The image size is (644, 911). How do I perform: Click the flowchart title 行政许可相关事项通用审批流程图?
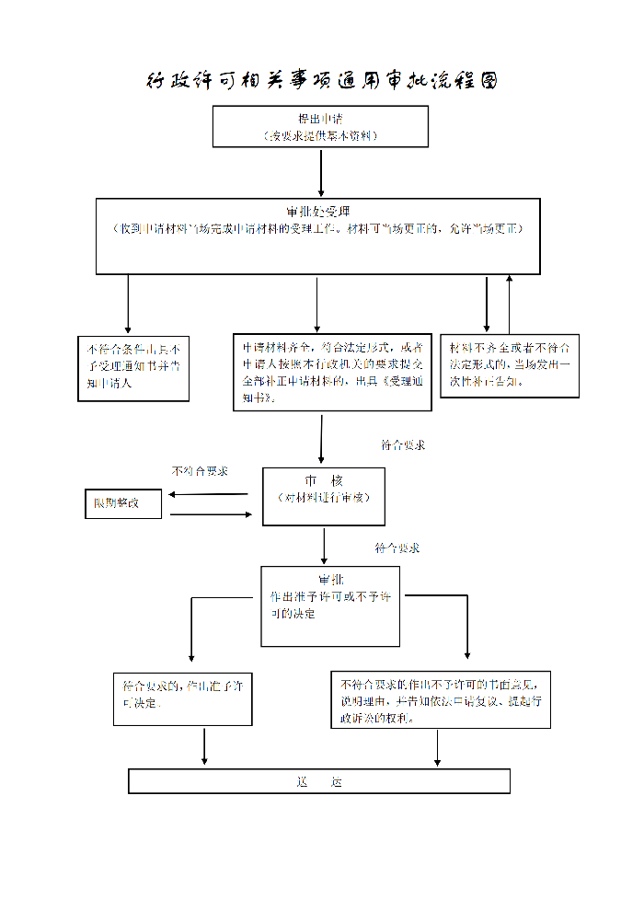322,81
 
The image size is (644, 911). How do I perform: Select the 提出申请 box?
320,126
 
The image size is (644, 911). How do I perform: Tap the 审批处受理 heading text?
317,211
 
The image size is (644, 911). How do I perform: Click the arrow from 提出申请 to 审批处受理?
320,171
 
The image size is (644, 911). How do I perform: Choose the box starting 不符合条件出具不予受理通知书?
133,367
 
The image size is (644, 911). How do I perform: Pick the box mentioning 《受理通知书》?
332,372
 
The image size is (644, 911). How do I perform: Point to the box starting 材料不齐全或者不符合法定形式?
510,365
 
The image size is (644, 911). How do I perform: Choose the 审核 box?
323,496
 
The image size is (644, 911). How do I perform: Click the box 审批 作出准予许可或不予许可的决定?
330,605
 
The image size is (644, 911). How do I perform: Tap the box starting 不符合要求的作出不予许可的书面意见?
441,699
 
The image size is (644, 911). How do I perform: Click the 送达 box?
318,781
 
